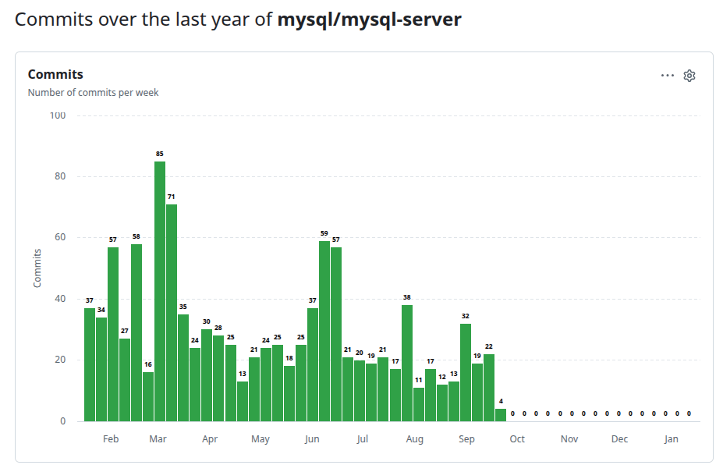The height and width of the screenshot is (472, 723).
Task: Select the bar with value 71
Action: (x=172, y=312)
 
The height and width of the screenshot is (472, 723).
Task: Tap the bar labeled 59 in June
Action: (x=324, y=331)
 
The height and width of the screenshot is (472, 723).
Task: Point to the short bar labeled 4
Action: (x=501, y=415)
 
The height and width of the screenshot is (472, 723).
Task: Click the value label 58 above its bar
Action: (x=136, y=236)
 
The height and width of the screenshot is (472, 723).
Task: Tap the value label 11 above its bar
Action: (x=419, y=380)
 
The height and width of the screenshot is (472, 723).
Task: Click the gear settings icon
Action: (x=689, y=76)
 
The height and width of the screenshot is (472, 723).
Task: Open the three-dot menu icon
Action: (x=668, y=76)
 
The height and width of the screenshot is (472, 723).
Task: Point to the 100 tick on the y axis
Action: (x=58, y=115)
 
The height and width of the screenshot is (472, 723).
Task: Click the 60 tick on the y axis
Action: (x=60, y=238)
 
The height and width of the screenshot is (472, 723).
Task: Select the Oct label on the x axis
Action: (x=517, y=439)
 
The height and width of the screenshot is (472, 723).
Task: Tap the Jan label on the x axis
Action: (x=671, y=439)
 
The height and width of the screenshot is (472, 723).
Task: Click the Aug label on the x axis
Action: (x=415, y=439)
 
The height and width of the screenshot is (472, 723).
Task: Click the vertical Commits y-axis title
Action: (x=37, y=268)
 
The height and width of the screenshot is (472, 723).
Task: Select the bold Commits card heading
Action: (x=55, y=74)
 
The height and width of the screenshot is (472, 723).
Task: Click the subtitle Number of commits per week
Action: (x=93, y=93)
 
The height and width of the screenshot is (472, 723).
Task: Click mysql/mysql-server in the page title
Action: (x=370, y=20)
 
